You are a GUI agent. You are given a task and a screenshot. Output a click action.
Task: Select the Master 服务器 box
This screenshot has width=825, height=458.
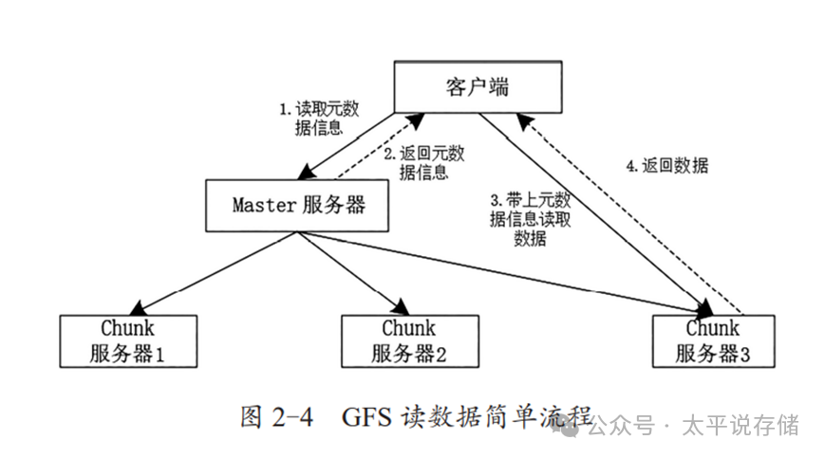[298, 205]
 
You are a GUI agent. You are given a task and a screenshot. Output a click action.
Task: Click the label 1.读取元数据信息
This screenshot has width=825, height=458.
[310, 118]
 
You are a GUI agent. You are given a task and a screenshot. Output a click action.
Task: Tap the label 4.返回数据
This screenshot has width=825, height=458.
[668, 164]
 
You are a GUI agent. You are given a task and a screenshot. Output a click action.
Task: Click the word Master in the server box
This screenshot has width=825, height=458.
[259, 205]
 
